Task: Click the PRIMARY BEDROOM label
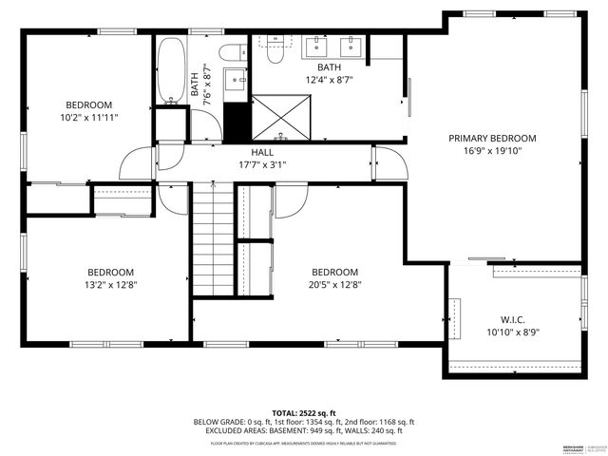coord(492,138)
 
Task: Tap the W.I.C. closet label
coord(513,320)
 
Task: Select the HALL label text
coord(262,152)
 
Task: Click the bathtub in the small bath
coord(172,69)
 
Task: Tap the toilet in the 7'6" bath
coord(232,52)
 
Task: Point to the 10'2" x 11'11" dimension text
coord(88,118)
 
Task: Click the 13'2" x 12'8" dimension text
coord(111,283)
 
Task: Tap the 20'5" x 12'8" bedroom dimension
coord(335,283)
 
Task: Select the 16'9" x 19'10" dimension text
coord(492,150)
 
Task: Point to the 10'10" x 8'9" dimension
coord(513,332)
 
